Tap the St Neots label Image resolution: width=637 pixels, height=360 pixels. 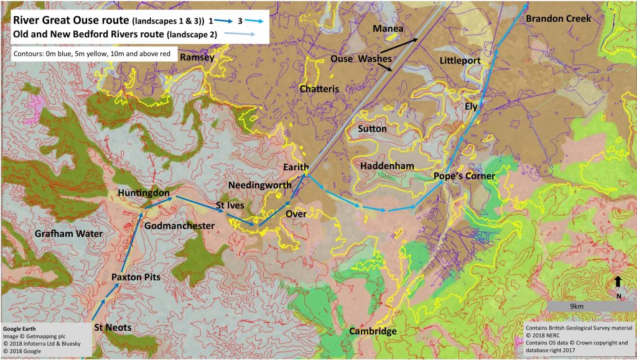116,326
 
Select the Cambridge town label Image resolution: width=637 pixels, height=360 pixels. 372,331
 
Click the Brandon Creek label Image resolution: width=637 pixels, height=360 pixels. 559,19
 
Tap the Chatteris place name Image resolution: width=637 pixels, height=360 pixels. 319,89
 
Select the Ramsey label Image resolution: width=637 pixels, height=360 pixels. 197,58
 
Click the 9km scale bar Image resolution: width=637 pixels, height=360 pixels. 575,307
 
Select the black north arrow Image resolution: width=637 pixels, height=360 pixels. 617,282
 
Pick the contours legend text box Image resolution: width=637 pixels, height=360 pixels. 94,54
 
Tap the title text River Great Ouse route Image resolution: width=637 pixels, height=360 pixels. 71,20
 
